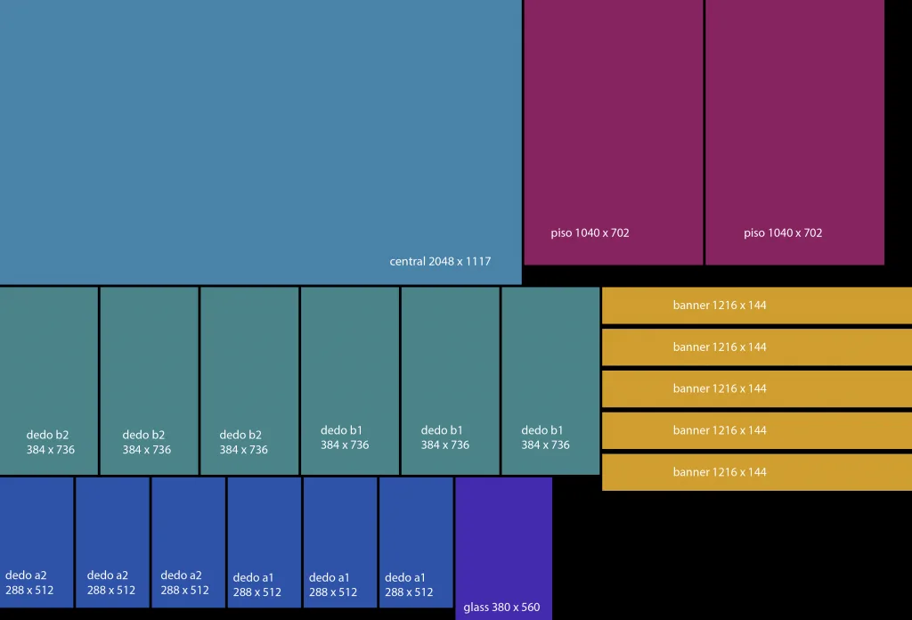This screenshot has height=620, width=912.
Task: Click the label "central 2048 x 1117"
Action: (x=440, y=262)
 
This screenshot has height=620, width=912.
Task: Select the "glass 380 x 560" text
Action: (x=501, y=608)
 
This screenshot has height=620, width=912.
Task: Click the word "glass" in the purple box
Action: (x=476, y=608)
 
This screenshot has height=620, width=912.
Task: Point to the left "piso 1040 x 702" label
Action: (x=590, y=233)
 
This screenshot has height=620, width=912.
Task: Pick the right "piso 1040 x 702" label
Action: (x=783, y=233)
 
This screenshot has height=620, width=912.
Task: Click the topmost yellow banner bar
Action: (x=757, y=306)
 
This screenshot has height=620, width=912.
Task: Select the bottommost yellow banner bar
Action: (x=757, y=472)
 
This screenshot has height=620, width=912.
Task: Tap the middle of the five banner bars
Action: (x=757, y=388)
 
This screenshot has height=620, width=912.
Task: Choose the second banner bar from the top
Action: (x=757, y=347)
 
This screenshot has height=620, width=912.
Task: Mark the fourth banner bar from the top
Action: (x=757, y=430)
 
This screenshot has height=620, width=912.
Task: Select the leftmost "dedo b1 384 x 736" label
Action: (x=345, y=437)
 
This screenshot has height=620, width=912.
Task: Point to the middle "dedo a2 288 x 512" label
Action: (x=111, y=583)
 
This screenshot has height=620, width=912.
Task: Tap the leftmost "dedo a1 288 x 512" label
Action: (x=257, y=584)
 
